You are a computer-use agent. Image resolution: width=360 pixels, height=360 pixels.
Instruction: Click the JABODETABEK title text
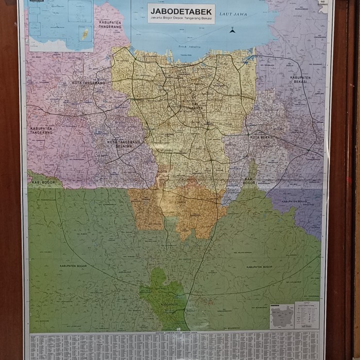(x=181, y=11)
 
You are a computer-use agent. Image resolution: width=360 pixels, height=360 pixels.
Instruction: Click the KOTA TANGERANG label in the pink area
(x=88, y=83)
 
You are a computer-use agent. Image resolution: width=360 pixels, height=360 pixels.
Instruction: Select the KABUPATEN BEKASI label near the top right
(x=298, y=80)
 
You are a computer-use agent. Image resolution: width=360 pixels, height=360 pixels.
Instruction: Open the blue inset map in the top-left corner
(x=61, y=26)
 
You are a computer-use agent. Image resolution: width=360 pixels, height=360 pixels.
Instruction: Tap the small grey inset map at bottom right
(x=282, y=316)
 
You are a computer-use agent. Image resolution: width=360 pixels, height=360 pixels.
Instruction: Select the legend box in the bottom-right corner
(x=307, y=315)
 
